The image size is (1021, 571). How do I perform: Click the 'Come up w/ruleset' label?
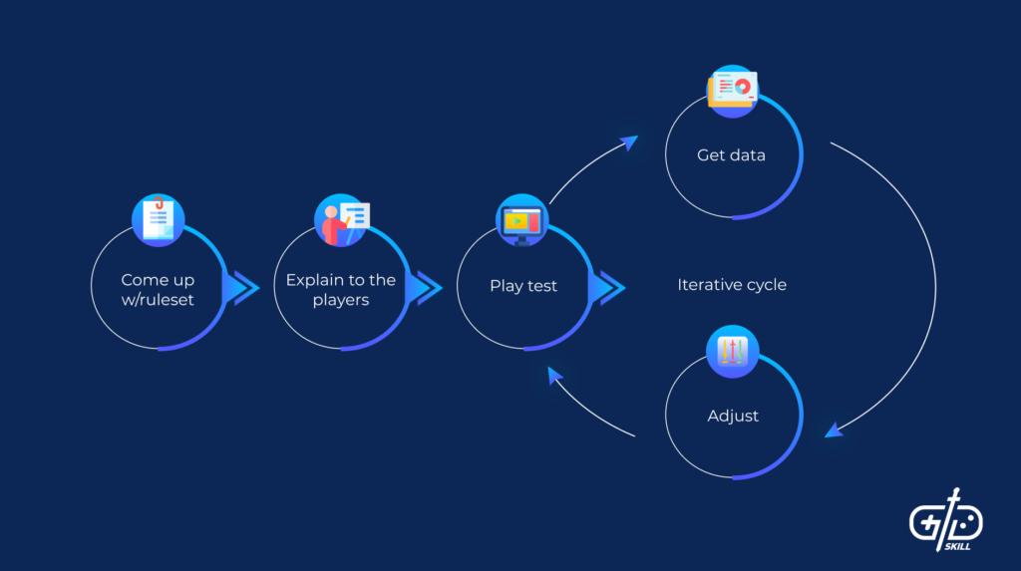coord(158,289)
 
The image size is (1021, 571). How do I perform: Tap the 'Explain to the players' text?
coord(340,289)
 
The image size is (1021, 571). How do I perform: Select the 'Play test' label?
coord(523,286)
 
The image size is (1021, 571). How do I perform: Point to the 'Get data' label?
coord(731,155)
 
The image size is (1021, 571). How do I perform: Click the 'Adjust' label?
coord(733,416)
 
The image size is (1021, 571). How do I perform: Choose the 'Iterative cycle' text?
coord(732,285)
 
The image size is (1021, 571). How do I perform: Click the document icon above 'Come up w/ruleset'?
coord(159,219)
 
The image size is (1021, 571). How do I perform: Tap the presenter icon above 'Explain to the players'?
coord(341,219)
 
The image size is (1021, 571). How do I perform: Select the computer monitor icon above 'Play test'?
coord(522,220)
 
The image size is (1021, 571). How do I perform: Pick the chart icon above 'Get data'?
coord(732,89)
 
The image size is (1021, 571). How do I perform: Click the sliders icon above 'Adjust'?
coord(733,351)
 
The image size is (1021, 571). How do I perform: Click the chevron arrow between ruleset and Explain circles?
coord(241,288)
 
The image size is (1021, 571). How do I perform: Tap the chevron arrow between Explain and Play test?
coord(425,288)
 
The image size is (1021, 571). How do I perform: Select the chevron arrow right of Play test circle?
coord(607,288)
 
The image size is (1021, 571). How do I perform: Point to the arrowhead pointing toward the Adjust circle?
coord(834,428)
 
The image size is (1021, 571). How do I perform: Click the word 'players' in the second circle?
coord(340,300)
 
